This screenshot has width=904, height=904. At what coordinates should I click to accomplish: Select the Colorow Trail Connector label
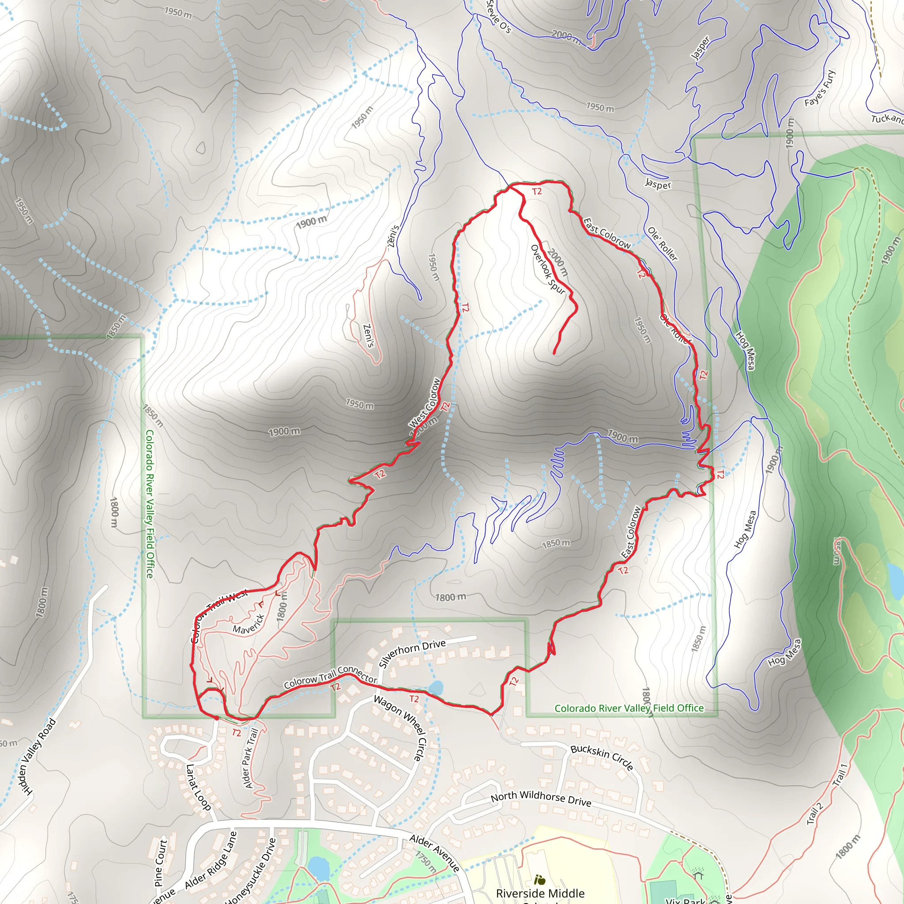(x=330, y=676)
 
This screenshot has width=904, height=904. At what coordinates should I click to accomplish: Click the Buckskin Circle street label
(x=602, y=757)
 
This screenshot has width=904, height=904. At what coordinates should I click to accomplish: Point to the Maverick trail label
(x=249, y=624)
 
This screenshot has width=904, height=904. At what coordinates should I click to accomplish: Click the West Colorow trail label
(x=424, y=403)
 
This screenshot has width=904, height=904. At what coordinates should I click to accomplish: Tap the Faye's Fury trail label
(x=820, y=88)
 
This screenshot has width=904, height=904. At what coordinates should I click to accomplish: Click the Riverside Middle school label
(x=540, y=893)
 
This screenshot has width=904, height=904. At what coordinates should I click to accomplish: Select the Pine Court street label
(x=161, y=863)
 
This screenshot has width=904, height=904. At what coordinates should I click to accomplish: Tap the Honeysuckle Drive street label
(x=251, y=871)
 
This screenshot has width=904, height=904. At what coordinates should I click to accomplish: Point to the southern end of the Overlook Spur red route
(x=554, y=353)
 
